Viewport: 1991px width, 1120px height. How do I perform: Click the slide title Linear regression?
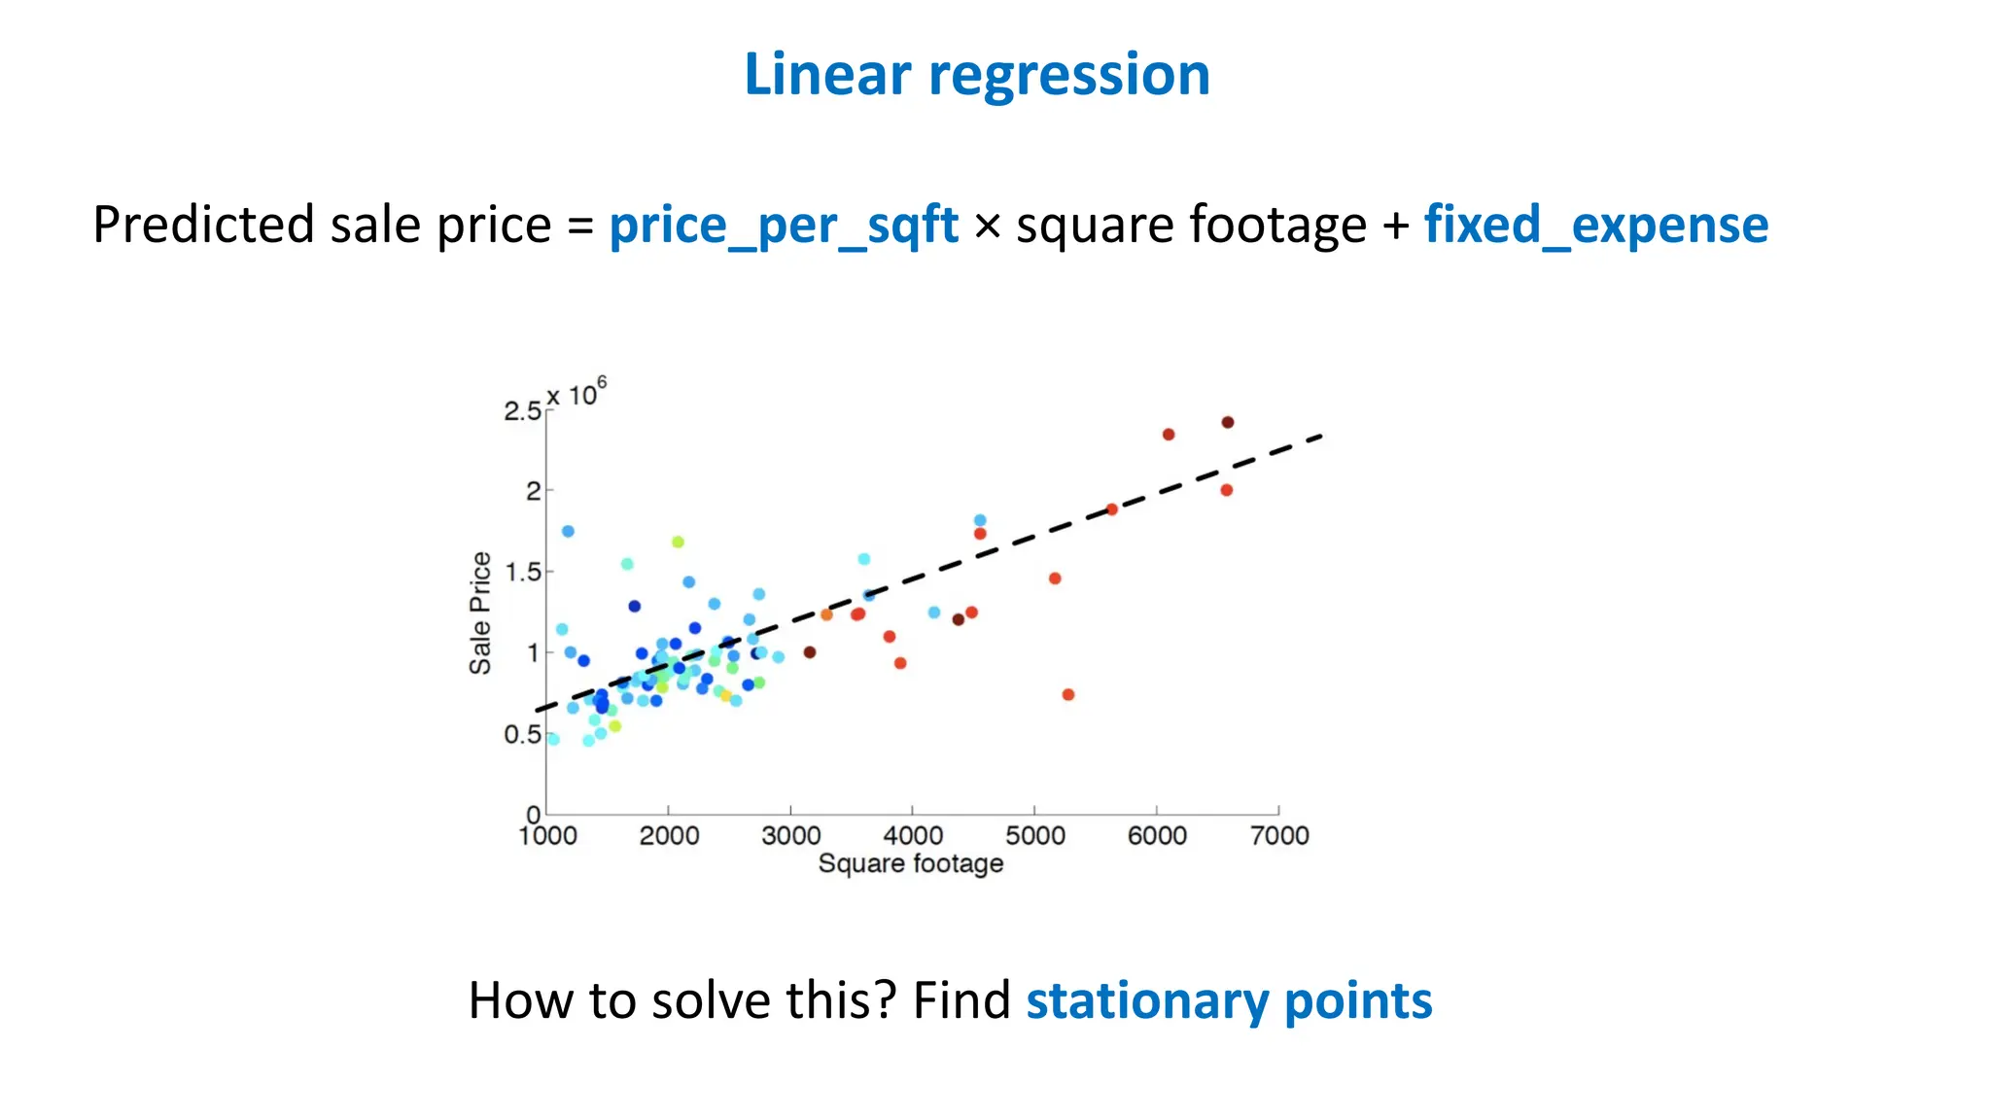[976, 75]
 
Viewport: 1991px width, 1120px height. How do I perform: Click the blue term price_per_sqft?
[784, 226]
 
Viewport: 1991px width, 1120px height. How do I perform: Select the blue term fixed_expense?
[1595, 226]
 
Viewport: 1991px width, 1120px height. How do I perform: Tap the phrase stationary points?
[1229, 1000]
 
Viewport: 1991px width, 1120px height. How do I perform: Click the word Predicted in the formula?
[210, 226]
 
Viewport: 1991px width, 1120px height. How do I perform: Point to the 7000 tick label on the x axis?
[1279, 835]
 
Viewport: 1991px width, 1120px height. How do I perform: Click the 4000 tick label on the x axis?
[913, 835]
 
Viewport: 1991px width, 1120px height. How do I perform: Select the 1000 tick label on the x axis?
[547, 835]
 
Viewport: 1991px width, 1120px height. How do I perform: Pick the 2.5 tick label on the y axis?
[521, 411]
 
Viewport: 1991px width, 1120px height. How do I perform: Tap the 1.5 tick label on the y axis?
[522, 573]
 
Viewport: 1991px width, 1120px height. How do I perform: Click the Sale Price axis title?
[480, 612]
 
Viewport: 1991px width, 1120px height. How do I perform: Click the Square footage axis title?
[910, 863]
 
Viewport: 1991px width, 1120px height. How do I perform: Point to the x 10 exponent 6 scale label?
[576, 394]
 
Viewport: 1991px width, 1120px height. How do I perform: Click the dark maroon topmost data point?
[1228, 422]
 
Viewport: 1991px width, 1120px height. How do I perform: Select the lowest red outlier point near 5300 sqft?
[1068, 694]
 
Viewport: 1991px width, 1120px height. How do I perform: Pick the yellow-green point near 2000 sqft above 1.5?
[678, 542]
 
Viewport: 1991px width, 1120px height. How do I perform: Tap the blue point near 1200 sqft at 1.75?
[568, 531]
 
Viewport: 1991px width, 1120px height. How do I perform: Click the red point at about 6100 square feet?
[1169, 435]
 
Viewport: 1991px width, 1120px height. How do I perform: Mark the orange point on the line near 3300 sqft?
[826, 614]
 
